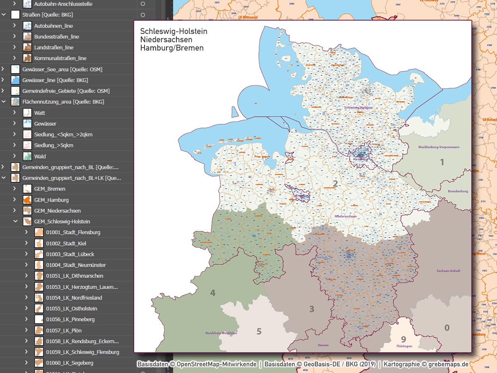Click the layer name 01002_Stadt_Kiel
[x=66, y=243]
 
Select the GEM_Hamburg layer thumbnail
[x=27, y=200]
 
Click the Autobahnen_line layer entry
[x=53, y=26]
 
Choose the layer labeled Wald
[x=40, y=156]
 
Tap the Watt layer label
[x=40, y=113]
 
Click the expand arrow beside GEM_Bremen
[x=14, y=189]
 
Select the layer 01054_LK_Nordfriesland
[x=74, y=298]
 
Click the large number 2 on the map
[x=335, y=184]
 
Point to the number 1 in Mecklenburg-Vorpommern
[x=442, y=162]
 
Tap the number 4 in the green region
[x=213, y=293]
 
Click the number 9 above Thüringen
[x=403, y=339]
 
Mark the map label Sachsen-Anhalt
[x=449, y=271]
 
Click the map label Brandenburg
[x=458, y=191]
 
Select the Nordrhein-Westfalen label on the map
[x=221, y=333]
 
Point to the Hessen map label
[x=323, y=345]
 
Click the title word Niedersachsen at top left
[x=166, y=40]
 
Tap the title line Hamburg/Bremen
[x=172, y=48]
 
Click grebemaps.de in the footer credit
[x=448, y=364]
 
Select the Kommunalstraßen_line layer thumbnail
[x=27, y=58]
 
